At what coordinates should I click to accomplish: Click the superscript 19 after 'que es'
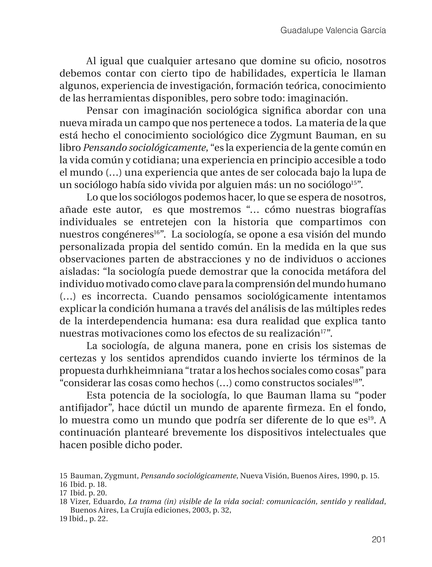371,418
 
